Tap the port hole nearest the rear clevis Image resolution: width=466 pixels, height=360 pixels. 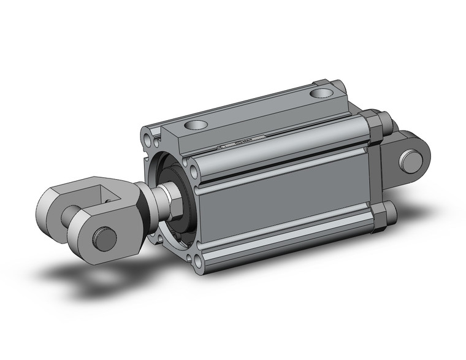(x=319, y=94)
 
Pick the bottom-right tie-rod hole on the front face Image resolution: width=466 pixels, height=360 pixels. (x=199, y=264)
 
